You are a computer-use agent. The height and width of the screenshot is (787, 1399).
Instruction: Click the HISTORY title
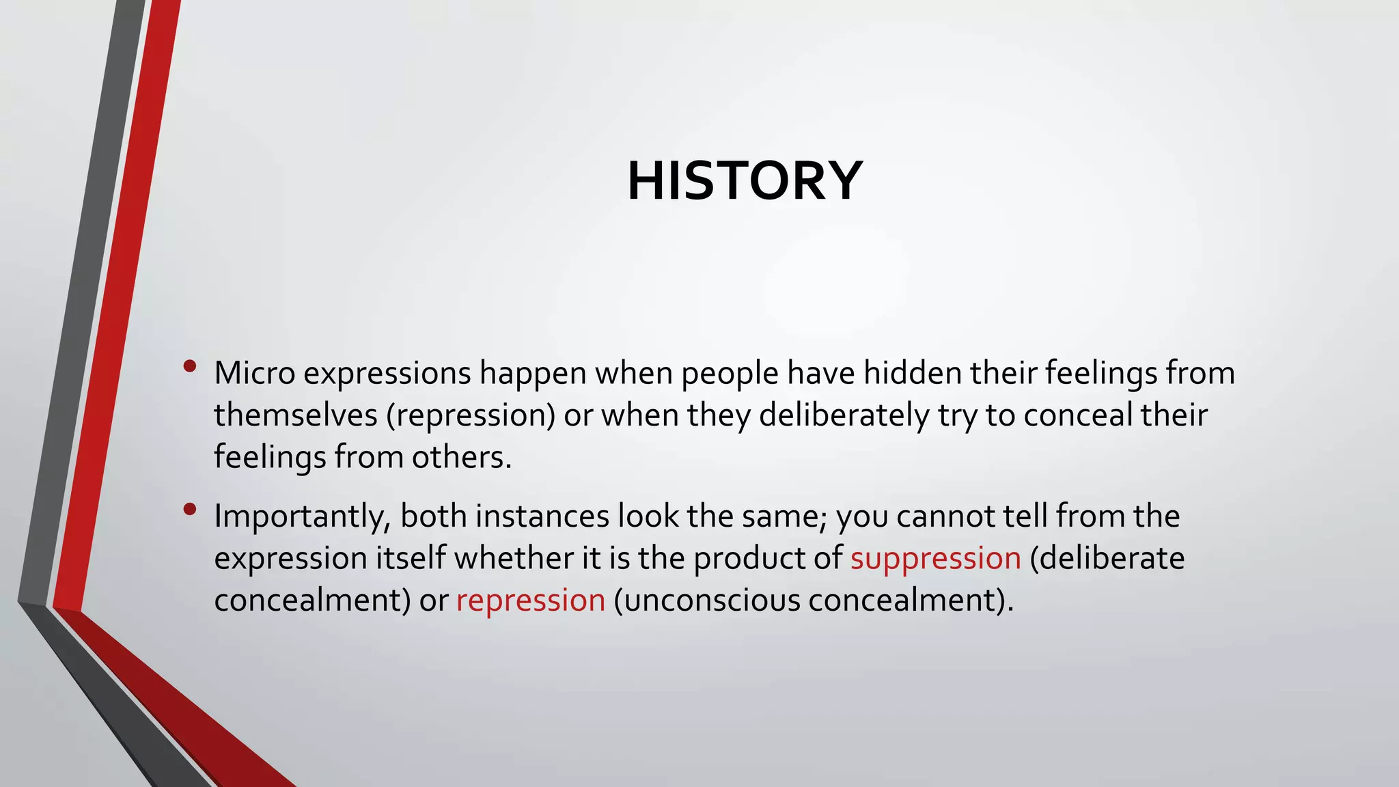tap(745, 181)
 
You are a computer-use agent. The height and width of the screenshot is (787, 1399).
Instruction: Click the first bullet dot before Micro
tap(190, 367)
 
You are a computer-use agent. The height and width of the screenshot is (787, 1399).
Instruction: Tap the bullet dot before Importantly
tap(190, 509)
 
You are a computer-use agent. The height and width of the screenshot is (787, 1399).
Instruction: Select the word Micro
tap(254, 373)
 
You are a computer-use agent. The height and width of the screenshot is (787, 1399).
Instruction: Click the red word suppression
tap(935, 559)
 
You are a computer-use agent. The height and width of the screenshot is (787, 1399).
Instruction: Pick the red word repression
tap(530, 601)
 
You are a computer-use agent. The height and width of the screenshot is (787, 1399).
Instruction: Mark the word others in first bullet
tap(460, 457)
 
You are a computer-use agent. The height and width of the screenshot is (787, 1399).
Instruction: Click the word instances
tap(542, 516)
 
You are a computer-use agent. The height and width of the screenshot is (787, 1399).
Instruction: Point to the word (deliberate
tap(1107, 559)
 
